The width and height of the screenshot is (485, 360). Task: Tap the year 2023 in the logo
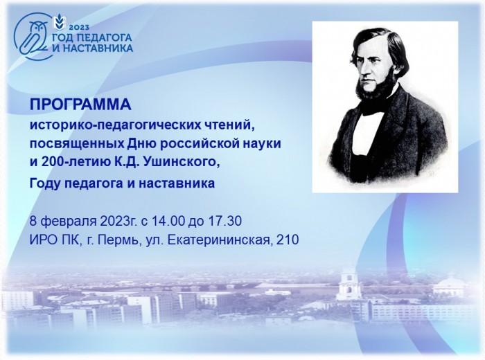click(79, 28)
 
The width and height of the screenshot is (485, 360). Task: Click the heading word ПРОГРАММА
click(80, 105)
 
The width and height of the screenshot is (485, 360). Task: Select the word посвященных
click(77, 144)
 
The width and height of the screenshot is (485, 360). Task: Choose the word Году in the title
click(44, 183)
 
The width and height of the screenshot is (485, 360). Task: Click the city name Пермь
click(118, 240)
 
